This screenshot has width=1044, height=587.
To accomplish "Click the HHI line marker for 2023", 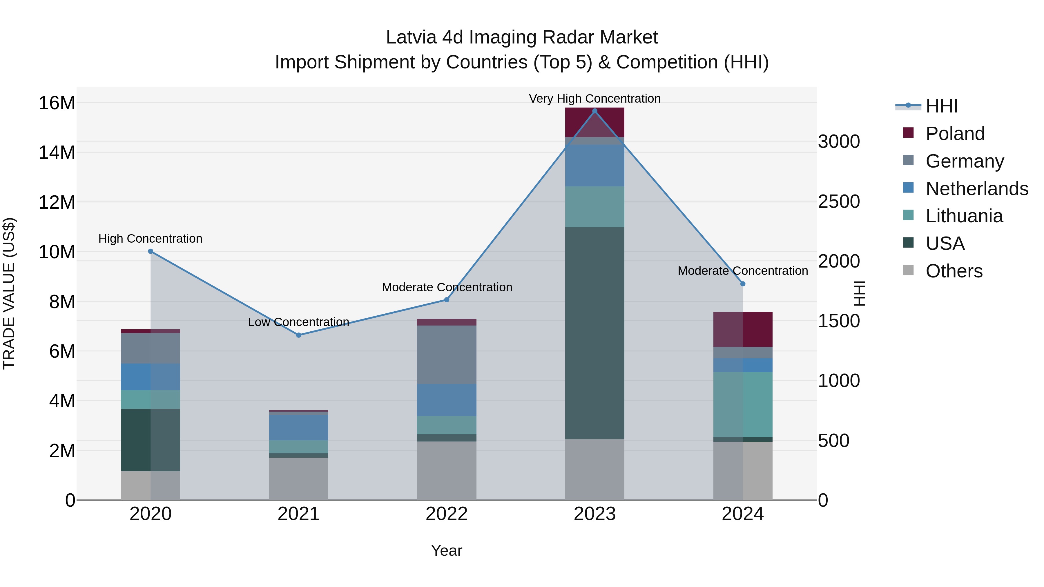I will point(594,111).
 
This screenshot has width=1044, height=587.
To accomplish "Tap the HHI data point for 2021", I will point(299,335).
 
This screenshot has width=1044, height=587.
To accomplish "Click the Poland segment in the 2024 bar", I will point(743,329).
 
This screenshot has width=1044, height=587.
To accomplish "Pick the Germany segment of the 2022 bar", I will point(447,355).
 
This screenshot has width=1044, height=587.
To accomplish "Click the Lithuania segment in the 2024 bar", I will point(743,404).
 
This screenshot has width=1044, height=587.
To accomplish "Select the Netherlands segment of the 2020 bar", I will point(150,377).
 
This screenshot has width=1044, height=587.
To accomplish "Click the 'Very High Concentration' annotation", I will point(594,99).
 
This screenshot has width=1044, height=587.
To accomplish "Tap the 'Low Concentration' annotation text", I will point(299,322).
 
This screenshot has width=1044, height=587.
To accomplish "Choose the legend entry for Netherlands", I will point(977,189).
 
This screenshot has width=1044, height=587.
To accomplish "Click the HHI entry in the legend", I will point(941,106).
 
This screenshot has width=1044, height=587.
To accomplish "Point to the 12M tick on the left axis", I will point(57,202).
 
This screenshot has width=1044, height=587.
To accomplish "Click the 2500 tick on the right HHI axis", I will point(838,201).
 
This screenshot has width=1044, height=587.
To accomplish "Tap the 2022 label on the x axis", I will point(447,514).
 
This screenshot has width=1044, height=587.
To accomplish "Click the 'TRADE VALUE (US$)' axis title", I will point(9,293).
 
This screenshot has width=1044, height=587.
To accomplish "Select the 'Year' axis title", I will point(447,550).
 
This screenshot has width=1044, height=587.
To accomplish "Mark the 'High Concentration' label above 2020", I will point(150,239).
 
